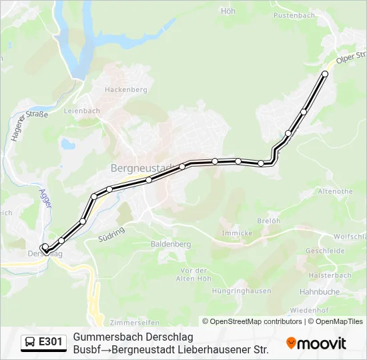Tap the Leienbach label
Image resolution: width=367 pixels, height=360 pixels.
click(x=81, y=111)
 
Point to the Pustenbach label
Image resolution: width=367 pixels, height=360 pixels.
click(x=294, y=15)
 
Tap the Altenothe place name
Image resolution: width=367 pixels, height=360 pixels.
click(x=335, y=191)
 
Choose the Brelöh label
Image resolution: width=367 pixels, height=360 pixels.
click(x=267, y=221)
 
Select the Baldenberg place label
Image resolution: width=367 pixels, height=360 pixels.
click(x=171, y=245)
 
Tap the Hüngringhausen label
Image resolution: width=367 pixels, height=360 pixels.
click(x=241, y=291)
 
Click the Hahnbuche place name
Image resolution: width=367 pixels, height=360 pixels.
click(x=320, y=291)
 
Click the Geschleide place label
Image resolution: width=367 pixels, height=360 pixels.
click(x=325, y=251)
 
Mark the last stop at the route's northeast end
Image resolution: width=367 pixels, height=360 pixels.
click(x=325, y=74)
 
